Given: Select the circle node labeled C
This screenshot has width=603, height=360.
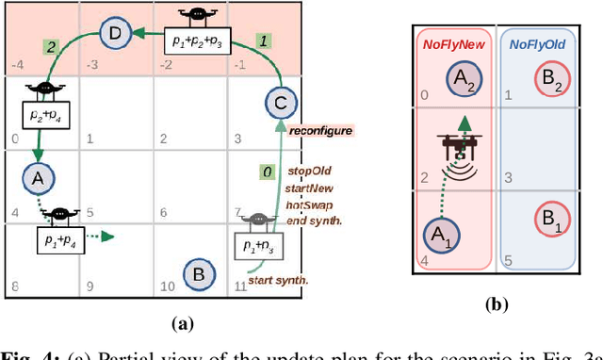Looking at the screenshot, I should point(278,104).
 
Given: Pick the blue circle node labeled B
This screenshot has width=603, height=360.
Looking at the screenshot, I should point(198,275).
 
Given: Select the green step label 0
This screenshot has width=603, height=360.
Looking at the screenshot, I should point(268,172).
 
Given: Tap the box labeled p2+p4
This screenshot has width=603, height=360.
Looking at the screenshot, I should point(41,118).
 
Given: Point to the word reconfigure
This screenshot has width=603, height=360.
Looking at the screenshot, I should point(319,130).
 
